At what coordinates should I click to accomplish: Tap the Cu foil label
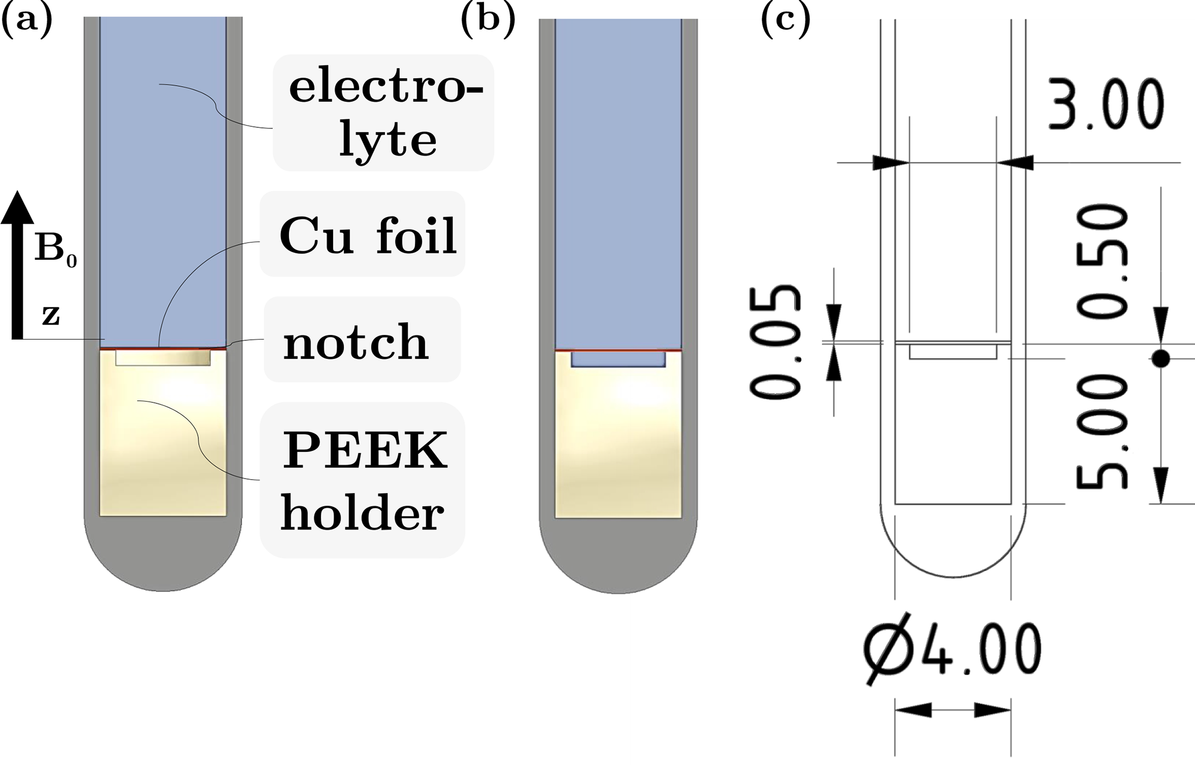tap(368, 236)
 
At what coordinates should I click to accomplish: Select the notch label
tap(356, 343)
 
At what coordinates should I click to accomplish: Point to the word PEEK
tap(364, 451)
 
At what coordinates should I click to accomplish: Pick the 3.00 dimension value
tap(1105, 105)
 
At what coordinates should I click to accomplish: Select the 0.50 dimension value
tap(1102, 262)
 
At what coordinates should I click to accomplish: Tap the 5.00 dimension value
tap(1102, 431)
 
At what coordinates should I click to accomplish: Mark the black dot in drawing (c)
tap(1160, 359)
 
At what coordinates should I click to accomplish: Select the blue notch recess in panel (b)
tap(618, 359)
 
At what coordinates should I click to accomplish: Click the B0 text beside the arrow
tap(55, 251)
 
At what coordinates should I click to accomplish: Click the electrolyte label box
tap(384, 113)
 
